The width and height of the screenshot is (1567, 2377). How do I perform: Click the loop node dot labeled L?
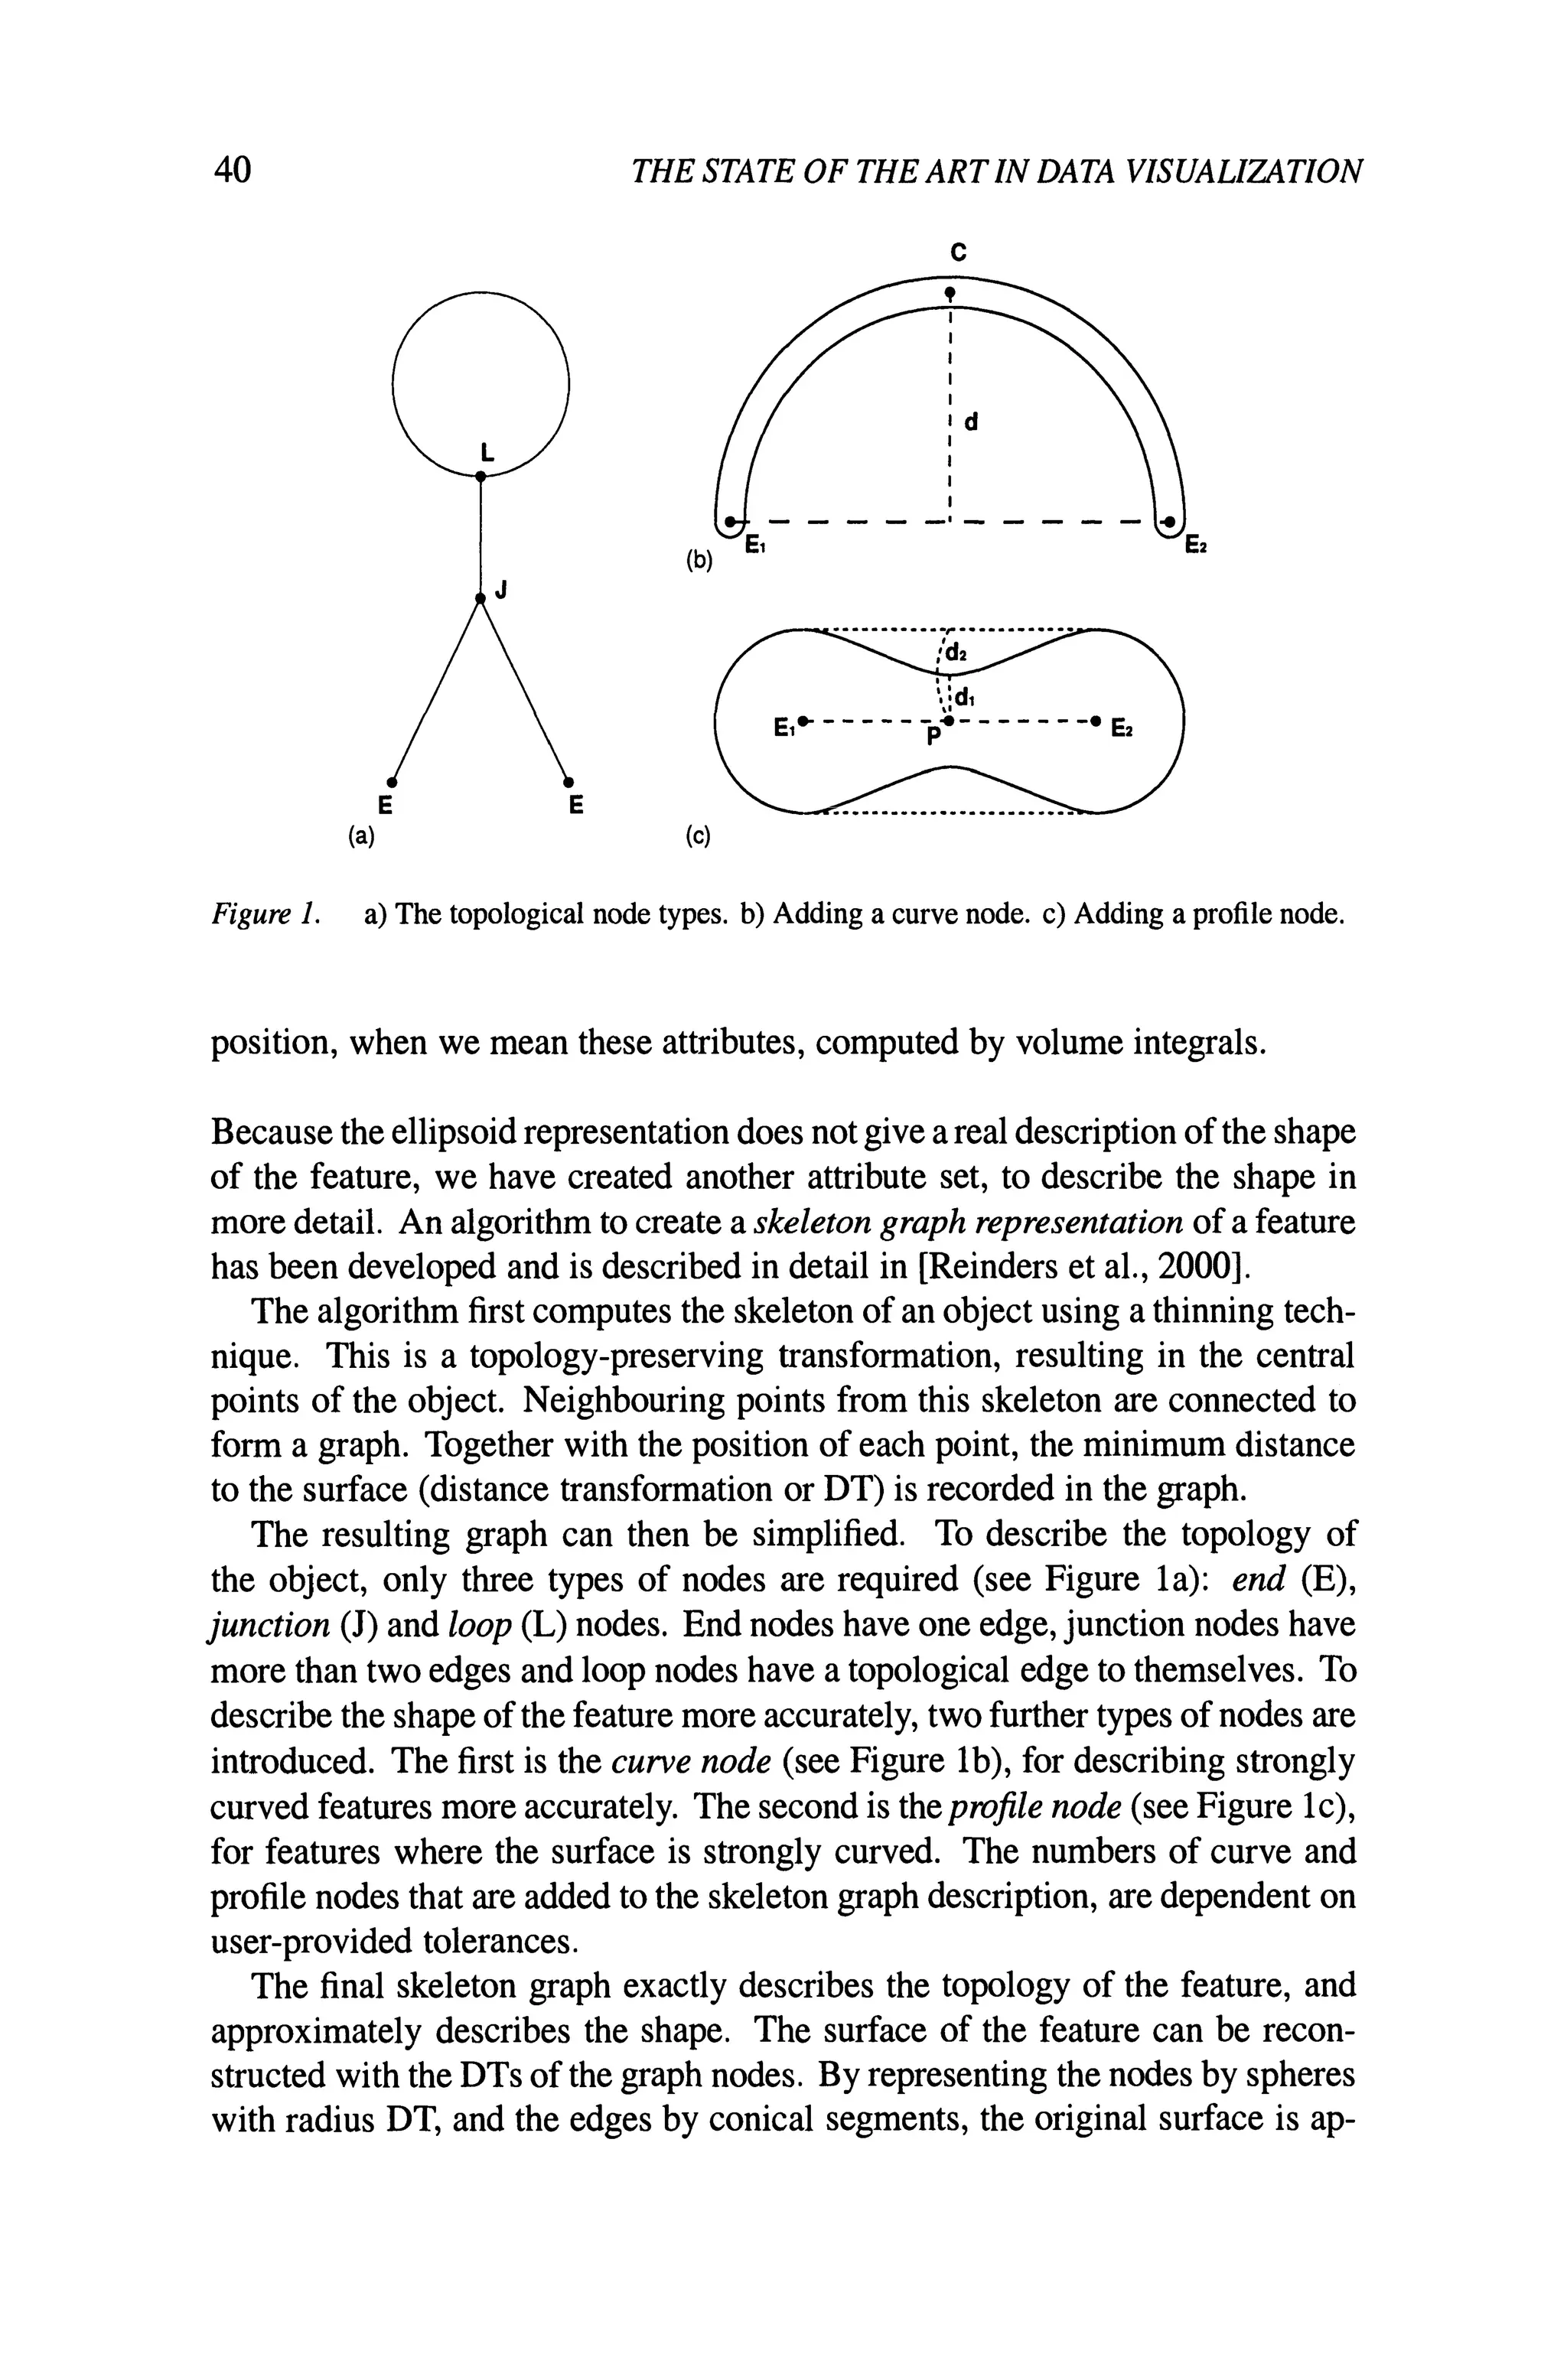tap(481, 477)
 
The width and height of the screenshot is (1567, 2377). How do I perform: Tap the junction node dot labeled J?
tap(481, 598)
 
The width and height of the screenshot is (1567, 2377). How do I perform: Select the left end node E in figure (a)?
tap(393, 780)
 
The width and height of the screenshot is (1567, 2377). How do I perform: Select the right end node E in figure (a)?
tap(568, 780)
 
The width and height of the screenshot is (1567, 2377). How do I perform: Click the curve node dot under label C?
tap(950, 291)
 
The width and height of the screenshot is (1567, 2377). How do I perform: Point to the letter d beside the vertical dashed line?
tap(969, 422)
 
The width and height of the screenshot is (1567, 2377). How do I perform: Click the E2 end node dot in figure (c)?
tap(1096, 719)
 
